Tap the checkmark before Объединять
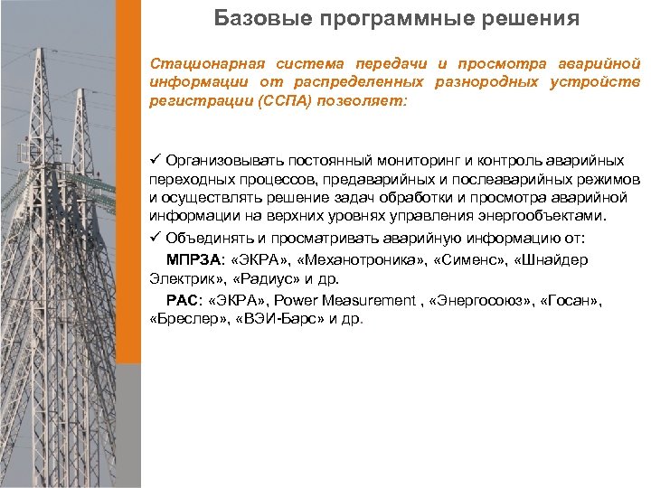[x=156, y=238]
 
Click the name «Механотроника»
[x=359, y=260]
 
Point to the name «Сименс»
[x=468, y=260]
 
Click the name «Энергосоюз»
[x=479, y=299]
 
